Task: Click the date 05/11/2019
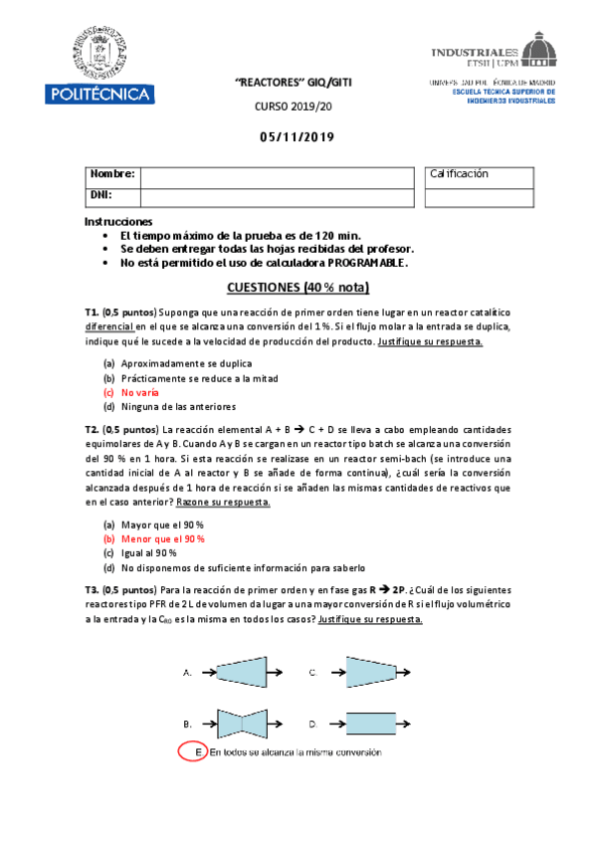click(x=298, y=137)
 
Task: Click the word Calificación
click(x=459, y=174)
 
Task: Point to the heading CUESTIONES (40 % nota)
click(x=298, y=289)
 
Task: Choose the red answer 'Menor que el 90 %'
click(x=162, y=538)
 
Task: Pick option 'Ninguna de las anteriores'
click(x=178, y=407)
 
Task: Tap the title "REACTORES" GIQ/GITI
click(x=298, y=85)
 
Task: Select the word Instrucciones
click(x=118, y=221)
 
